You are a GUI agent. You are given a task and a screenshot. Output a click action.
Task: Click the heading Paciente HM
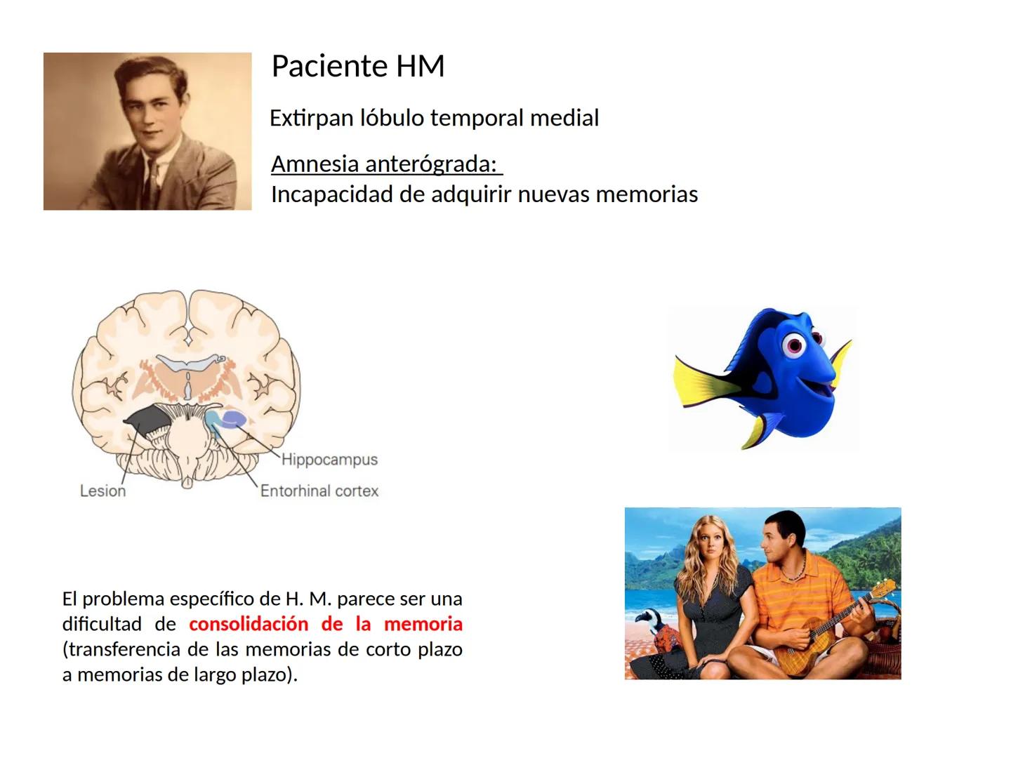[x=357, y=67]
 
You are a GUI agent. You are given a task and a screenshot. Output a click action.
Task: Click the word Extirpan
[x=311, y=118]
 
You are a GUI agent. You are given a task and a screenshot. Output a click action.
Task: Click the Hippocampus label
[x=329, y=460]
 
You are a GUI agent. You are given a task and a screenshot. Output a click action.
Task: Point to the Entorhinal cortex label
[x=319, y=491]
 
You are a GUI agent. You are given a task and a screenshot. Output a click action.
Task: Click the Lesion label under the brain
[x=103, y=491]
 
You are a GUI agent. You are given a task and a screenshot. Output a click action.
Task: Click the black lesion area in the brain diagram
[x=147, y=422]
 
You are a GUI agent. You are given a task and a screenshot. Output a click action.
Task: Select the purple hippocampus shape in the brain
[x=234, y=420]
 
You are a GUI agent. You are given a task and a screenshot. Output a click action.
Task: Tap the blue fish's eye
[x=795, y=345]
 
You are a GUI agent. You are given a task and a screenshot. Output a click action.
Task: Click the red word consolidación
[x=249, y=624]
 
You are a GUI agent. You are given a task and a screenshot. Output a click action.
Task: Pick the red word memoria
[x=423, y=624]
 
